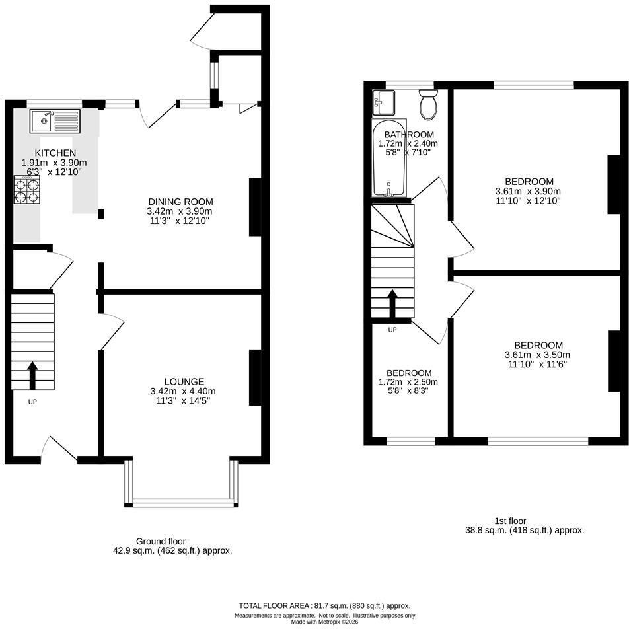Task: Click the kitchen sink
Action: (x=55, y=121)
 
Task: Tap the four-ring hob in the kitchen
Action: (x=27, y=190)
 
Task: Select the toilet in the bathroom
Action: (x=428, y=104)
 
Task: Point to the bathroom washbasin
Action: (x=384, y=102)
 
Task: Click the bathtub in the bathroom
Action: (x=389, y=158)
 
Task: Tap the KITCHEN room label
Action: (x=55, y=153)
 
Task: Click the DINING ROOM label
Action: (x=180, y=202)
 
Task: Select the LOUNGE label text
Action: (x=184, y=381)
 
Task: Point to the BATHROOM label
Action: (x=409, y=134)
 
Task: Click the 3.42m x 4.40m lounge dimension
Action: (x=183, y=391)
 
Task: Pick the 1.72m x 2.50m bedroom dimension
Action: (x=408, y=382)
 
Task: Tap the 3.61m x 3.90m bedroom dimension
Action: (x=529, y=191)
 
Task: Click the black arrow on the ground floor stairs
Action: (x=32, y=375)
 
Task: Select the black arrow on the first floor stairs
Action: (x=392, y=304)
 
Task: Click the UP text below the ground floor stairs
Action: (x=32, y=402)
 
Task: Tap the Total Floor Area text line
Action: (x=324, y=606)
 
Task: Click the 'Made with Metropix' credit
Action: (x=324, y=622)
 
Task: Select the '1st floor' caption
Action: (x=510, y=521)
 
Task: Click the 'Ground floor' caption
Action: (x=161, y=542)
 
